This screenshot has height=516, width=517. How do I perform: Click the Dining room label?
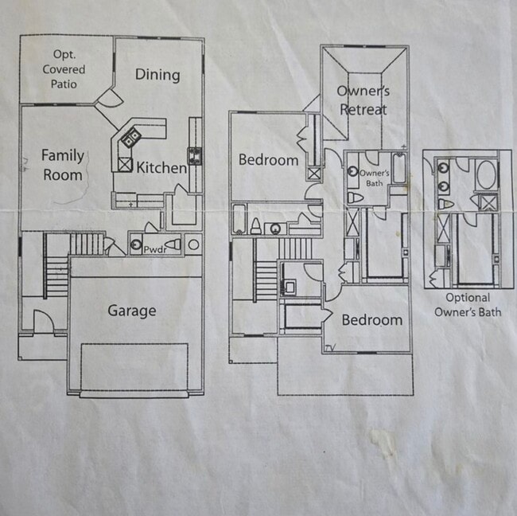pos(157,75)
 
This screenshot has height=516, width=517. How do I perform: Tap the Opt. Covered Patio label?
pos(68,69)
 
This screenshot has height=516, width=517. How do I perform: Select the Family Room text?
pos(62,164)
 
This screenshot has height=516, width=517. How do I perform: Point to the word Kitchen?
pos(161,168)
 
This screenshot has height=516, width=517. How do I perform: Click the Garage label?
pos(132,311)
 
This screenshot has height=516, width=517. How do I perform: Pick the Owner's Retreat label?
pos(363,100)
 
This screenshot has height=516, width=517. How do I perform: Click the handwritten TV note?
pos(330,347)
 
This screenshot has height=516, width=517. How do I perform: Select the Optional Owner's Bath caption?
pos(468,305)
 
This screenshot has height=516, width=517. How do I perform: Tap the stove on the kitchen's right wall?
pos(194,153)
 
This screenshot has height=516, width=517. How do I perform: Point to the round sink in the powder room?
pos(136,245)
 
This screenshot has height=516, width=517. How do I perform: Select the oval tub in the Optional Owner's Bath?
pos(485,173)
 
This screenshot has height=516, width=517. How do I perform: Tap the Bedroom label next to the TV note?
pos(371,320)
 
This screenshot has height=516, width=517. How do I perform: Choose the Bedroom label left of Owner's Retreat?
pos(268,160)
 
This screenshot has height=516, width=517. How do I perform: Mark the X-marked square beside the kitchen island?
pos(125,165)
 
